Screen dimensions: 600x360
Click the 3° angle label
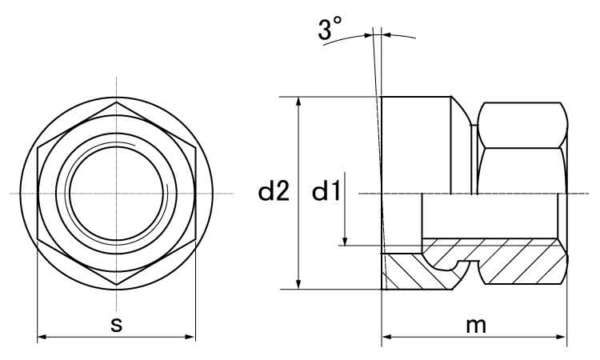330,29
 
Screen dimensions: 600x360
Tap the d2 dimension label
274,190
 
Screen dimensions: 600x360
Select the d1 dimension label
326,190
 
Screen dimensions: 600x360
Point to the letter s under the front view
116,325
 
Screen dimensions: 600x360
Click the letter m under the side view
476,325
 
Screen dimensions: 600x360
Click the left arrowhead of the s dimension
42,337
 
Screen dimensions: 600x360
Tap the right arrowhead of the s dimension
190,337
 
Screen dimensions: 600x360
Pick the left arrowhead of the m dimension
387,337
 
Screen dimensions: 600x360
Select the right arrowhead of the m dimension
562,337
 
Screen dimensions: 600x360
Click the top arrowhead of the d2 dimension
299,102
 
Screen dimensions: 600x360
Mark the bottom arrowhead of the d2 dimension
299,284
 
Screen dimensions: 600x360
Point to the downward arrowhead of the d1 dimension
345,241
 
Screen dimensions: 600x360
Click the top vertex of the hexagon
117,102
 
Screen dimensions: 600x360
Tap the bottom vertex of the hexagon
117,285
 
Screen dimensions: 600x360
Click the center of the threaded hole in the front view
118,193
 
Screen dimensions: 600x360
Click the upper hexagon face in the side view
522,125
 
